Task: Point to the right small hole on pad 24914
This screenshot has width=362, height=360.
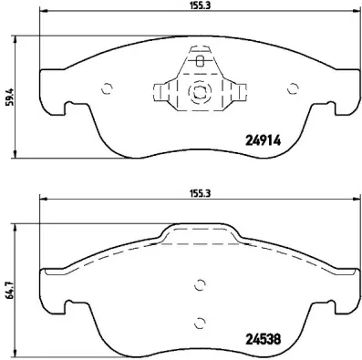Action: pos(292,88)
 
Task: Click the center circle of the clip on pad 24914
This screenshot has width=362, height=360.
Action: pos(199,92)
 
